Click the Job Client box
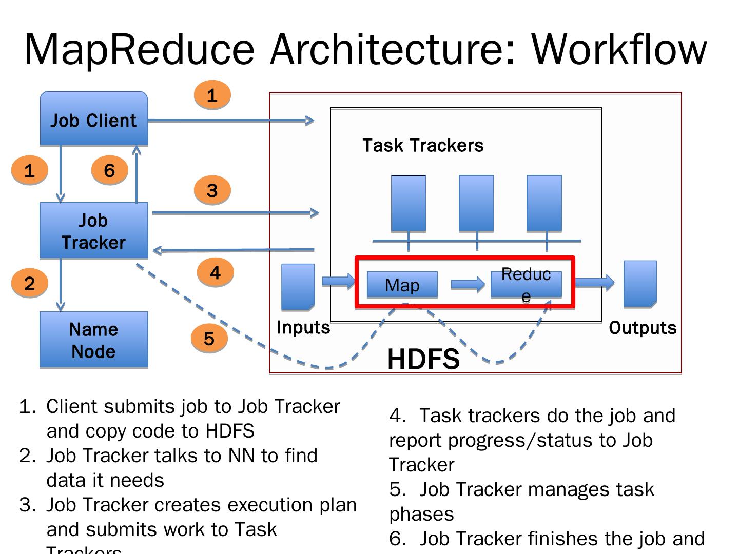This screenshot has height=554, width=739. [94, 119]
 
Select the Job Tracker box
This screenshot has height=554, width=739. [94, 231]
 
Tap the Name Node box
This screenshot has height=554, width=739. [94, 340]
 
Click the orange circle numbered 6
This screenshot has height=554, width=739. [109, 170]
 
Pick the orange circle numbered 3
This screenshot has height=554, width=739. [212, 190]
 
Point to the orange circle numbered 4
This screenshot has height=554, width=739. [215, 272]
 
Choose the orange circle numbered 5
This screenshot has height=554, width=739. [209, 339]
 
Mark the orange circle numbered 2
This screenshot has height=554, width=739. [29, 283]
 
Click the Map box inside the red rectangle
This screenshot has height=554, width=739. [402, 285]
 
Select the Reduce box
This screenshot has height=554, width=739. [526, 284]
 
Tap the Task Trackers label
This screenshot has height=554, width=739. [423, 145]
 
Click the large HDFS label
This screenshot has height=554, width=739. [423, 359]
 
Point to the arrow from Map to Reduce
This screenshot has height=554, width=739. [468, 284]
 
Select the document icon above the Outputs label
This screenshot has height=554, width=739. [640, 284]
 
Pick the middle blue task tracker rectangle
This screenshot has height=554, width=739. [476, 203]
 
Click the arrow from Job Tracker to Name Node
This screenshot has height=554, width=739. [61, 285]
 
